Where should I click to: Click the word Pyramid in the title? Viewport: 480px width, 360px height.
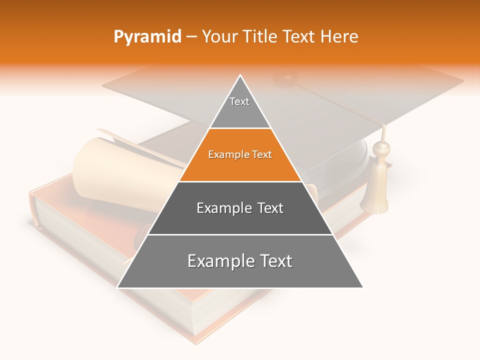coord(147,36)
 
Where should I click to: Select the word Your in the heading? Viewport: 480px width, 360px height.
coord(218,36)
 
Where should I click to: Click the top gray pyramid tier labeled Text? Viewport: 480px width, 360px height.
coord(239,107)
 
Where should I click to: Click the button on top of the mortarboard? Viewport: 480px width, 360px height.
coord(285,78)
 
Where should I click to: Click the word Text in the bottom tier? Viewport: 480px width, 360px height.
coord(274,261)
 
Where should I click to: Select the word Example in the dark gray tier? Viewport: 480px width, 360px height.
coord(218,208)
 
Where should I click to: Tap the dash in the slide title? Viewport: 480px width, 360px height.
coord(191,36)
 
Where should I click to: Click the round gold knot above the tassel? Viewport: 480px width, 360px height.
coord(382,148)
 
